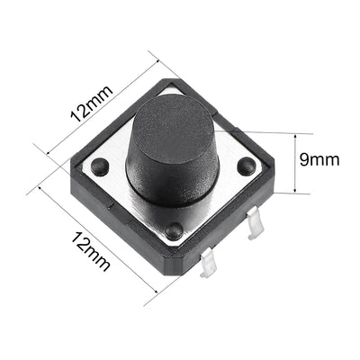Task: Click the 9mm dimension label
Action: click(319, 160)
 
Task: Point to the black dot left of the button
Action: click(100, 166)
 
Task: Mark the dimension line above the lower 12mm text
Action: click(99, 239)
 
